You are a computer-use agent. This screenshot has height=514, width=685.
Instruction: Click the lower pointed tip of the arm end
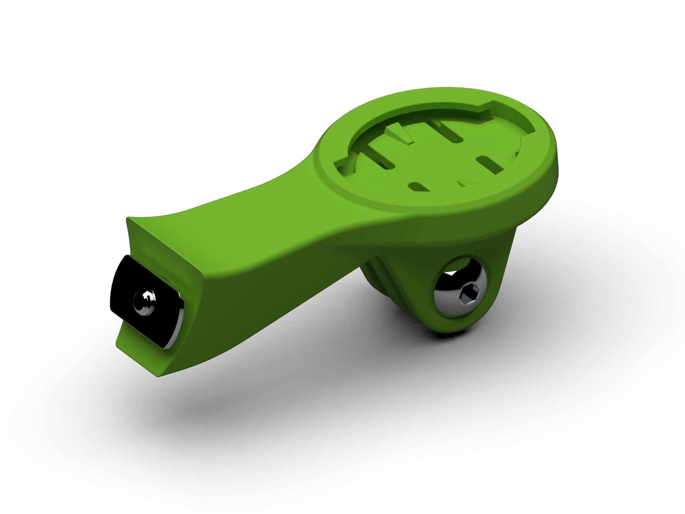pyautogui.click(x=156, y=375)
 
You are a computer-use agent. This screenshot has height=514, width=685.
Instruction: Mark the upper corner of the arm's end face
pyautogui.click(x=129, y=219)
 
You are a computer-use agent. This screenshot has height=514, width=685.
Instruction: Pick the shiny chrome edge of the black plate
pyautogui.click(x=175, y=327)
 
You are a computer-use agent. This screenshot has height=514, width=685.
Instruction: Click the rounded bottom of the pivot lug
pyautogui.click(x=453, y=327)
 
